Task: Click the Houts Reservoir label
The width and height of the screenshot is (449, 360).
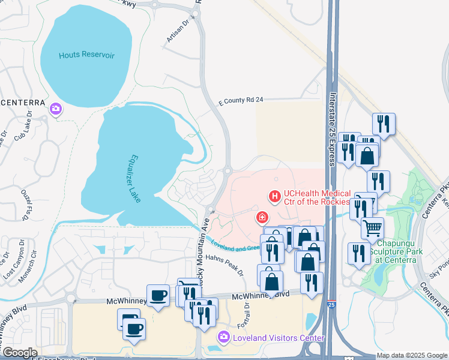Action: [x=86, y=55]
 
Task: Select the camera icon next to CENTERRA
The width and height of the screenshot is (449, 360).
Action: [x=56, y=109]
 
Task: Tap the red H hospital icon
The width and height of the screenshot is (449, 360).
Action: [x=275, y=196]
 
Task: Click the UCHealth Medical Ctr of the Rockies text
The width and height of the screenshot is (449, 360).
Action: [x=317, y=197]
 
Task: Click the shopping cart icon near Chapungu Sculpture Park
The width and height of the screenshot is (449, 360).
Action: [x=372, y=228]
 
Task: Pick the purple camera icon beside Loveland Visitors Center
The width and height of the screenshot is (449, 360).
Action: [x=224, y=338]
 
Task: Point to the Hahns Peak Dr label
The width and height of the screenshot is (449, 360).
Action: [x=225, y=264]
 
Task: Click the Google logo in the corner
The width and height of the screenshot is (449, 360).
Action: [x=19, y=353]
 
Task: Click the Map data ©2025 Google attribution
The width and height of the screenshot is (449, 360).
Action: [x=412, y=355]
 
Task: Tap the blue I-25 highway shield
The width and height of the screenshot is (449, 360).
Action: [x=332, y=305]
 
